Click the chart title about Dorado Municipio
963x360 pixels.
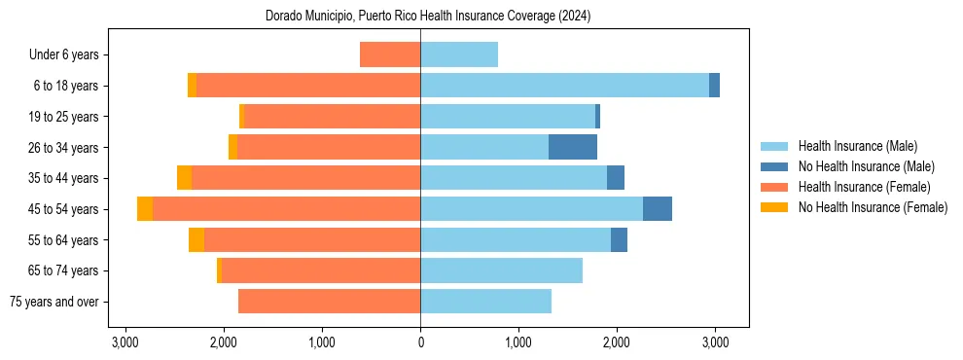(x=428, y=17)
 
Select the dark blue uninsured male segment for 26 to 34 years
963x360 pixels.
(x=573, y=147)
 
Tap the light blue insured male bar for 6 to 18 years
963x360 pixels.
(x=564, y=86)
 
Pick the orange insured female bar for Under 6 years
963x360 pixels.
(x=390, y=54)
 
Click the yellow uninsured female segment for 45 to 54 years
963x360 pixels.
(x=145, y=209)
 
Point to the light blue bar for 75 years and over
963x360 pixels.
(x=485, y=302)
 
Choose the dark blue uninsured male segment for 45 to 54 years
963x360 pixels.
(x=658, y=209)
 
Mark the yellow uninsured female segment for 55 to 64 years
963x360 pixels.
(x=196, y=240)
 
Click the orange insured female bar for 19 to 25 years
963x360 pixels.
(x=332, y=117)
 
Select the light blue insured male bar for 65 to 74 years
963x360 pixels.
(x=501, y=270)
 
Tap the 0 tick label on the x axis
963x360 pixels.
(x=420, y=342)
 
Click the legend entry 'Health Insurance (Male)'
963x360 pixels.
(x=857, y=146)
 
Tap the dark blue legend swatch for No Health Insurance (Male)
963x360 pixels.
(x=774, y=166)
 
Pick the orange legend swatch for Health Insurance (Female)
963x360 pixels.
(x=774, y=187)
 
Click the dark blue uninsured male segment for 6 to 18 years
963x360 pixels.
(x=715, y=86)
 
